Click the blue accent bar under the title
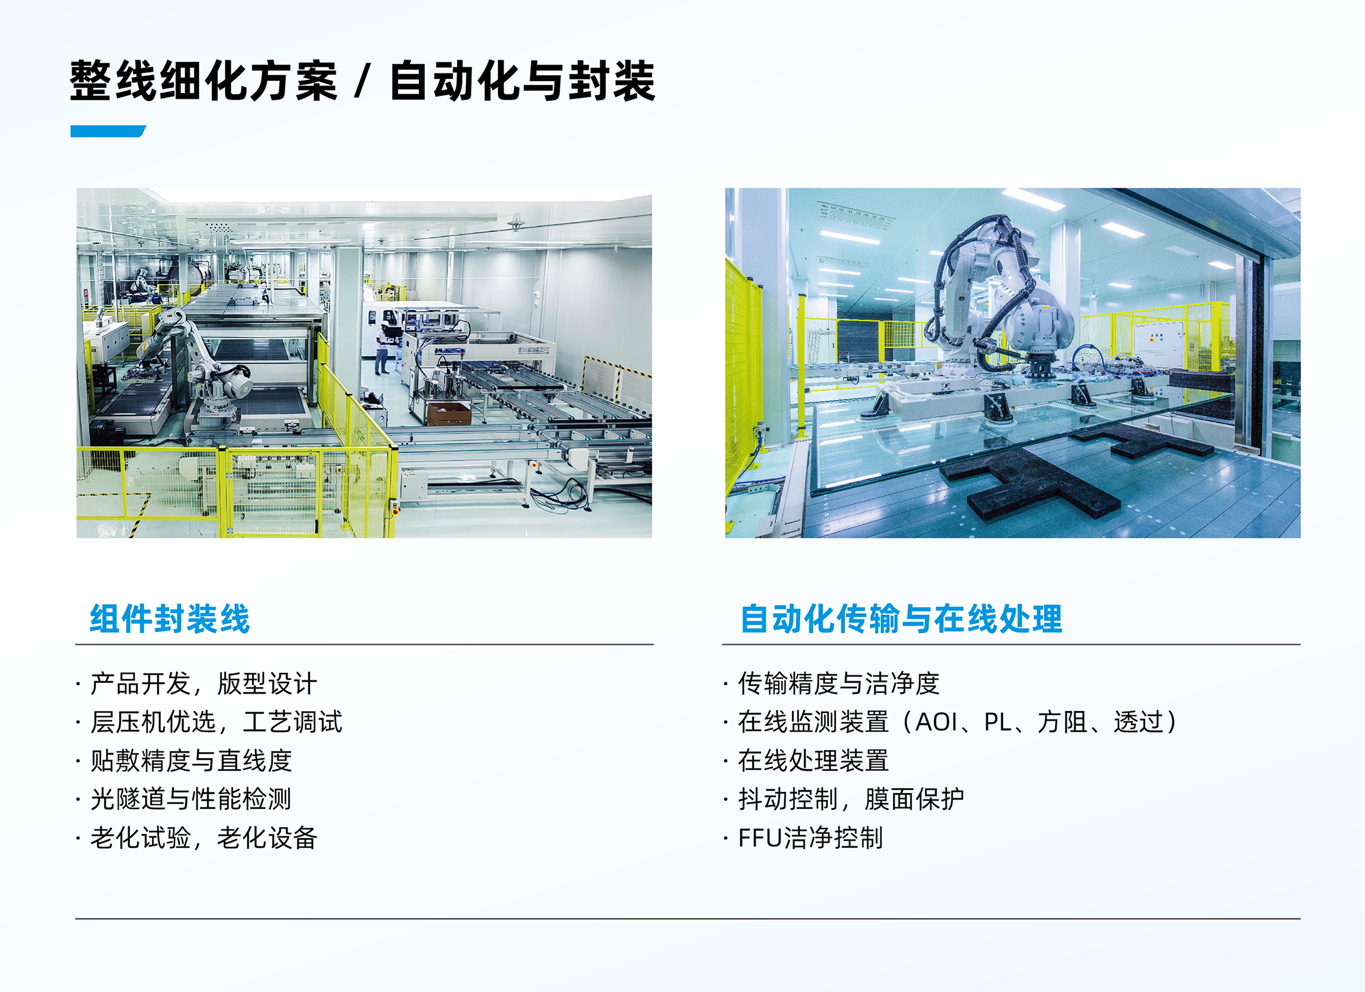point(108,131)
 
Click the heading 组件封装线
point(170,618)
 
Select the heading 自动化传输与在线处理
point(901,618)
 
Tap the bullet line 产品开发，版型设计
point(203,683)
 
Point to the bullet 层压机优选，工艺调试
point(216,722)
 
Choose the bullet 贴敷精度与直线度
point(191,760)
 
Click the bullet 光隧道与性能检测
point(191,799)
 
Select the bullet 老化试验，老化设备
point(203,837)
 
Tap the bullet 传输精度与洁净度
point(838,683)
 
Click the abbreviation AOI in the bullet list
point(936,722)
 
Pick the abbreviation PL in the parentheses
point(997,722)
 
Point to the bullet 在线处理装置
point(813,760)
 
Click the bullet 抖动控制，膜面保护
point(851,799)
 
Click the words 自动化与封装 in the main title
point(522,81)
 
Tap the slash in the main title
point(362,82)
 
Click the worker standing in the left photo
point(382,348)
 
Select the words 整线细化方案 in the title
point(203,81)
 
